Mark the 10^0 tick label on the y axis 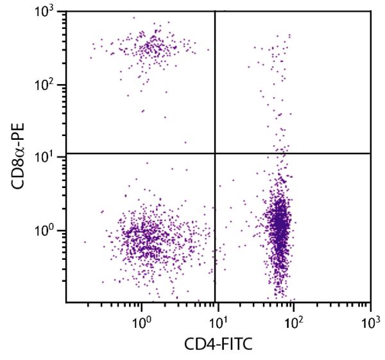pos(47,230)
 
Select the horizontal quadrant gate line pos(128,153)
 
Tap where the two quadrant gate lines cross pos(214,153)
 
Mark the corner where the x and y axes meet pos(66,302)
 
